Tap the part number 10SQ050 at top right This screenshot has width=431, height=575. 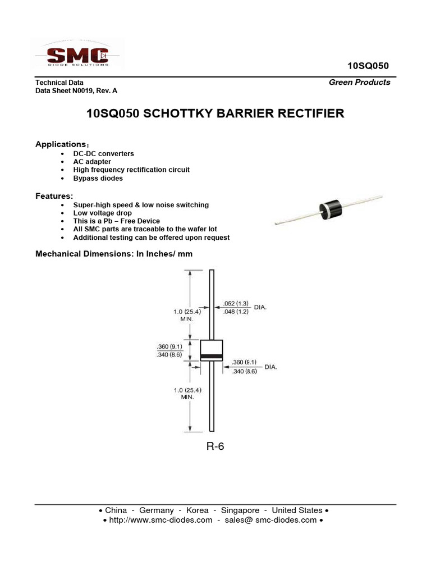[368, 66]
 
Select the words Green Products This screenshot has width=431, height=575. [359, 82]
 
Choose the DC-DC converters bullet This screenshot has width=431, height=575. [103, 153]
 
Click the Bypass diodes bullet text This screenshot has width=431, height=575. [98, 178]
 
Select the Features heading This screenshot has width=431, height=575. [54, 196]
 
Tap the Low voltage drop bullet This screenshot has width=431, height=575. [103, 213]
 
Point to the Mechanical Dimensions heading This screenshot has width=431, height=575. [114, 254]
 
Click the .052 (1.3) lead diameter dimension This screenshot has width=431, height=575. [236, 303]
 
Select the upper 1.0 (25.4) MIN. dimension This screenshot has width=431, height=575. [186, 314]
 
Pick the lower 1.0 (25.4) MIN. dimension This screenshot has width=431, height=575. [186, 393]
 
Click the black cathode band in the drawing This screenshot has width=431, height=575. [212, 357]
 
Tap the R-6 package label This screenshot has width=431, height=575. [215, 447]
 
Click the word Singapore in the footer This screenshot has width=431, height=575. [240, 510]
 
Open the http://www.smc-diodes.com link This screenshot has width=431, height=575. [161, 520]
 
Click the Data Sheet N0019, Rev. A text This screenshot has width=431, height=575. [76, 90]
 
